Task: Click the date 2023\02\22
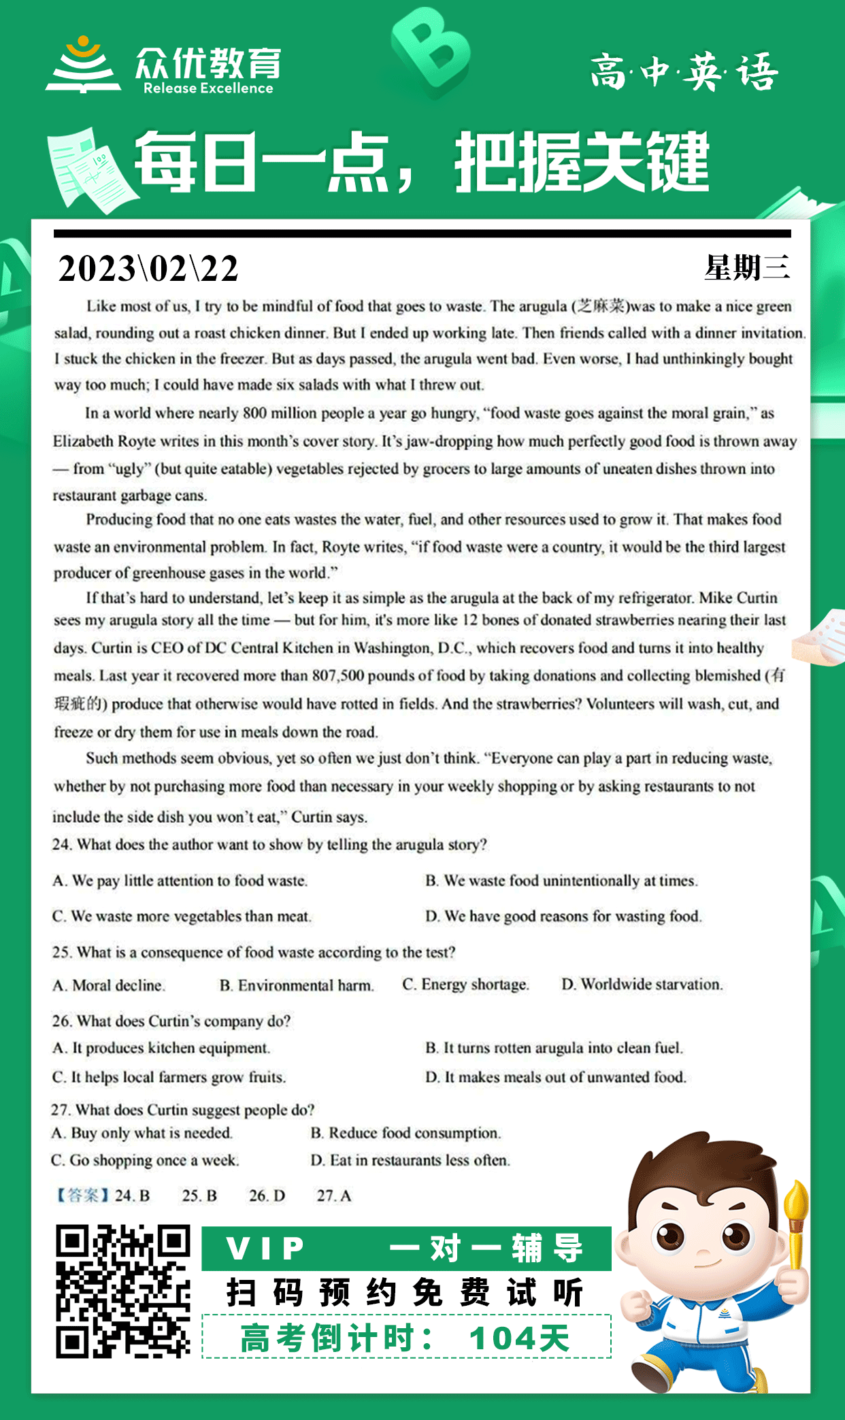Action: click(x=148, y=269)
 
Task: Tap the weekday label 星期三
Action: click(x=746, y=267)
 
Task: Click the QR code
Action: click(x=122, y=1291)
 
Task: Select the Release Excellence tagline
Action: click(x=208, y=88)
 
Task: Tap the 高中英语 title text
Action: click(x=684, y=72)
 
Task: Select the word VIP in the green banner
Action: click(x=266, y=1248)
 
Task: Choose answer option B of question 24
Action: click(x=561, y=881)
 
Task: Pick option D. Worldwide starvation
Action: click(x=642, y=985)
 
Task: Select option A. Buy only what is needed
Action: click(x=142, y=1133)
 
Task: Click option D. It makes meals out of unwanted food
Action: click(x=556, y=1077)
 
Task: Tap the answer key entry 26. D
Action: click(x=267, y=1196)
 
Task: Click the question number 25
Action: click(x=61, y=952)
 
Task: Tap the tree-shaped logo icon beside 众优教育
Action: click(x=83, y=65)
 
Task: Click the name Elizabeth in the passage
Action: click(x=83, y=441)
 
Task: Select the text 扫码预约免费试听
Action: click(x=405, y=1292)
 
